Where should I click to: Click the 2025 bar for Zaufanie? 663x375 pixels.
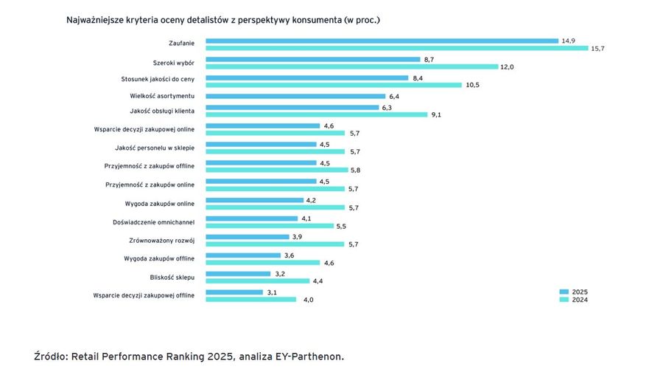point(382,41)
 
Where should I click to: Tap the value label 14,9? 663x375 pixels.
point(568,41)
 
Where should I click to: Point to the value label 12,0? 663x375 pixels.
point(507,66)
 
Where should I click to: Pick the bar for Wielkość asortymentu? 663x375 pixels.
point(295,96)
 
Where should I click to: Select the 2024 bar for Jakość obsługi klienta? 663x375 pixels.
point(316,114)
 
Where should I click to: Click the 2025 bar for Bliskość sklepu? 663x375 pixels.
point(238,273)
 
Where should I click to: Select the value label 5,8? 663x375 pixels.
point(355,170)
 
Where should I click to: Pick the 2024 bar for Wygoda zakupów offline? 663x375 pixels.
point(261,262)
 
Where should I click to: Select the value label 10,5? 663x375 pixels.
point(472,85)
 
